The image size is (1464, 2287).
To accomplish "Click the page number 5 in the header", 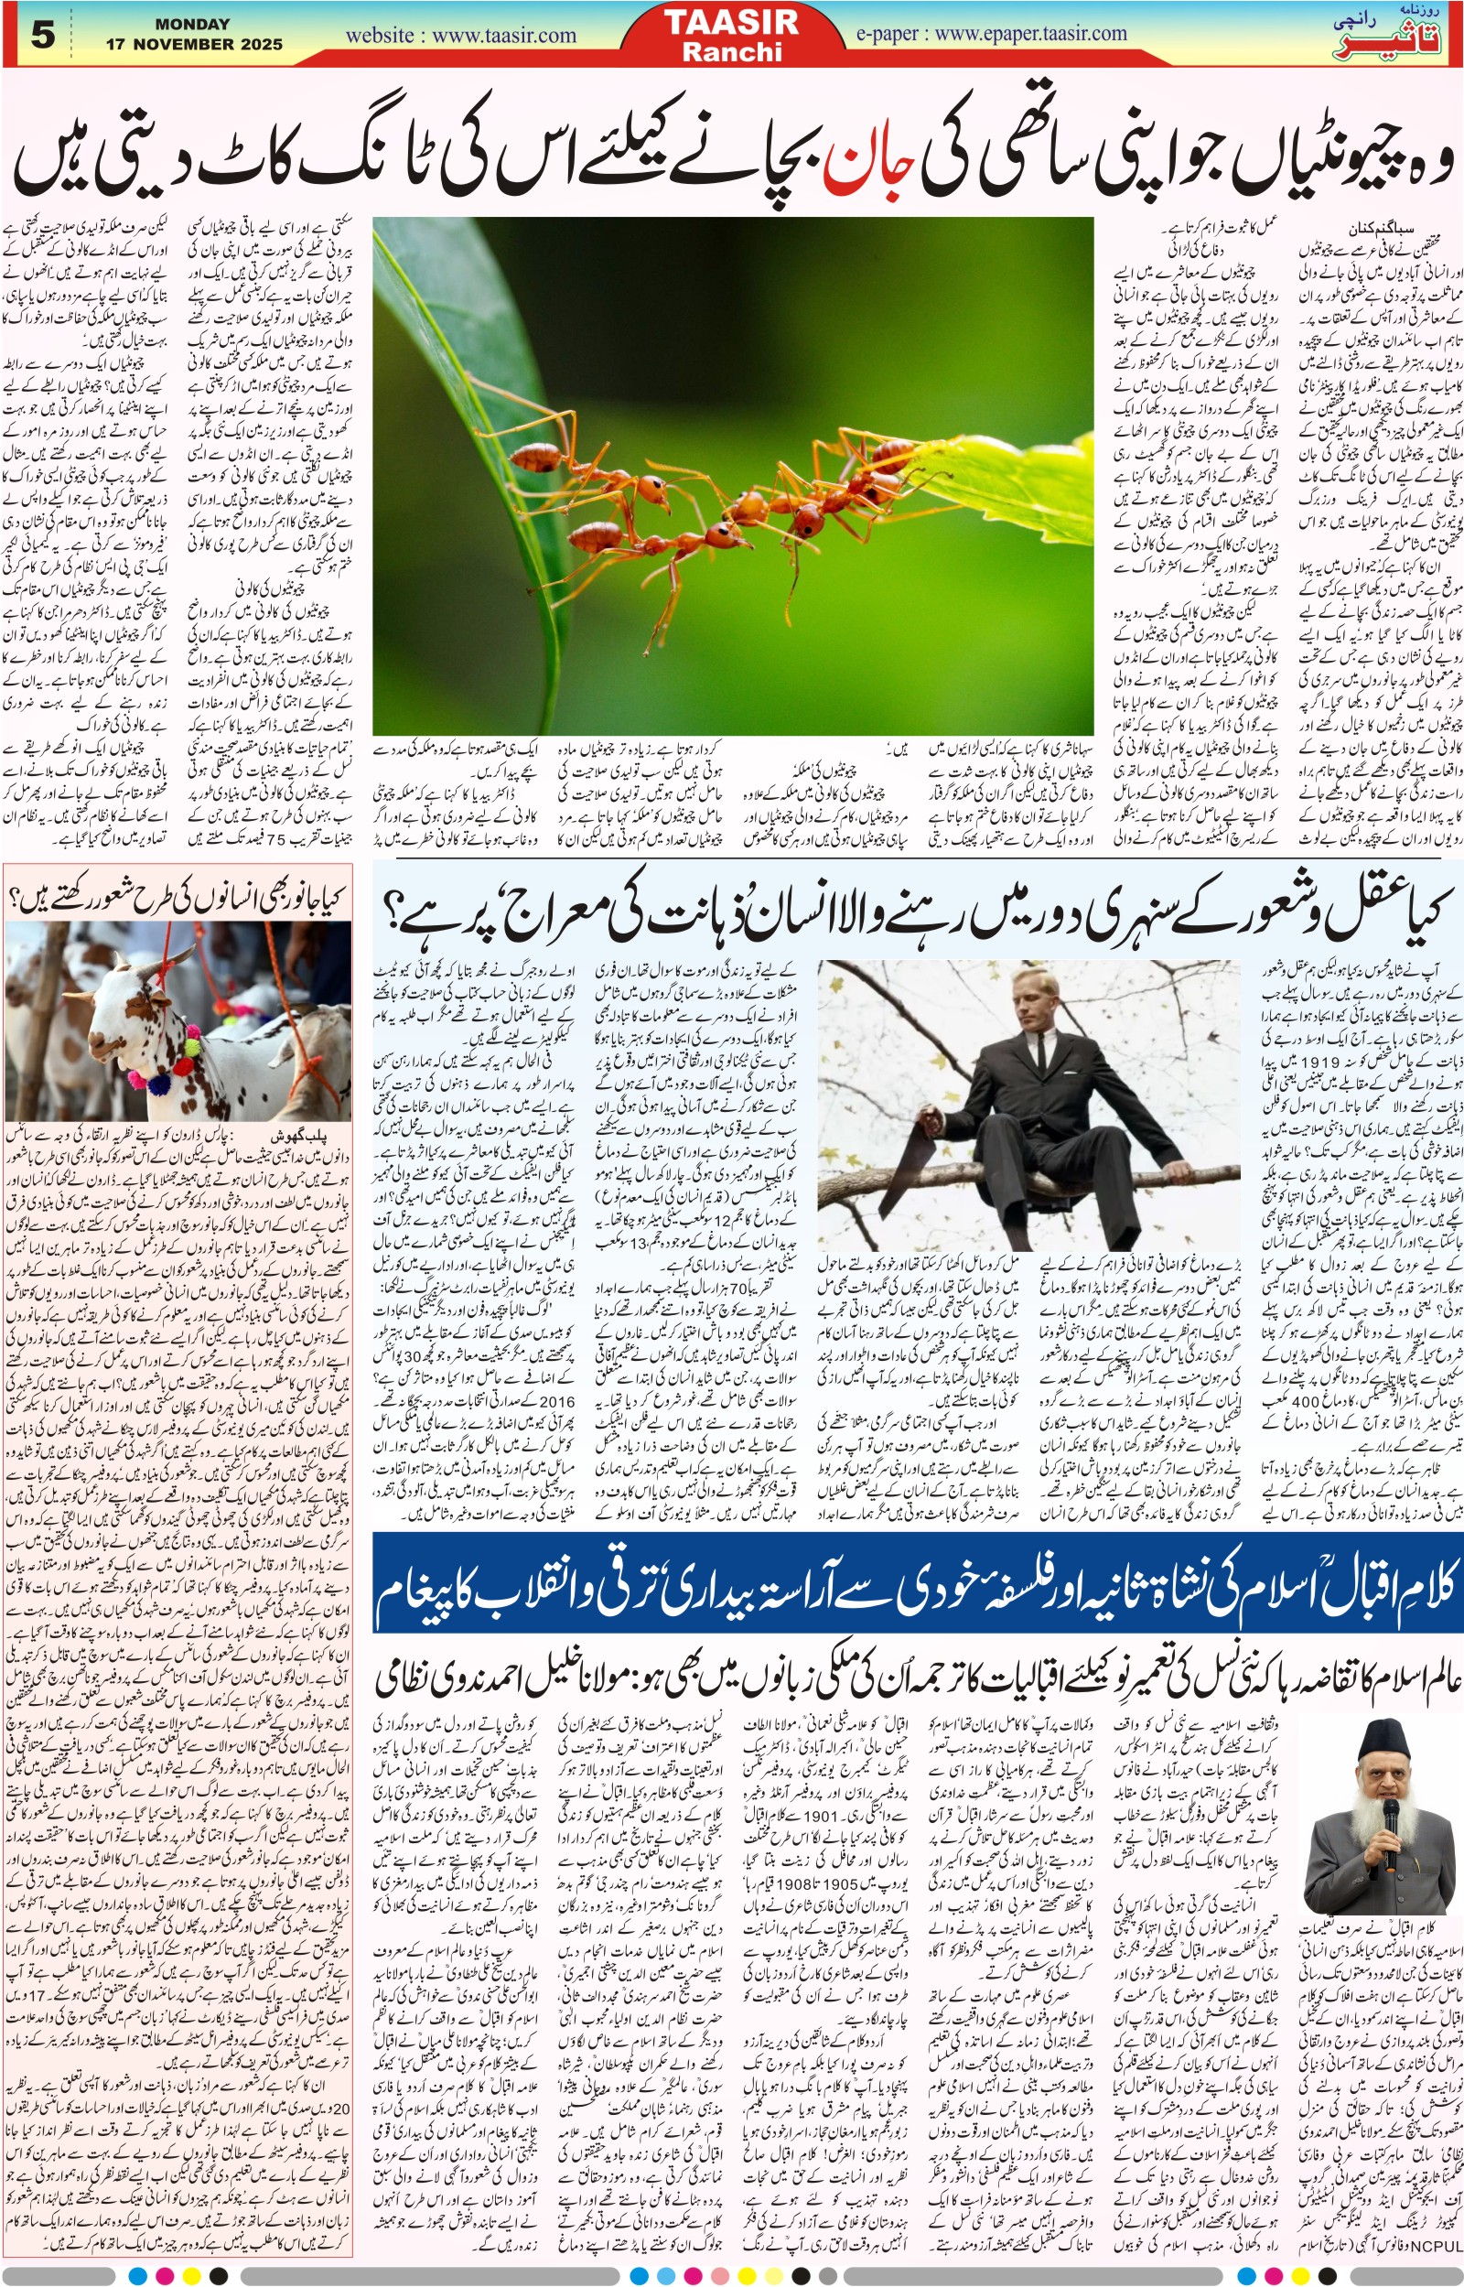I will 43,36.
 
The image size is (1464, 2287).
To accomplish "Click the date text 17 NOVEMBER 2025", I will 194,44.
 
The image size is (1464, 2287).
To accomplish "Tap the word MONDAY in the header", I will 192,24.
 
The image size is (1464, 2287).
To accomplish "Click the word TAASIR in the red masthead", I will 731,22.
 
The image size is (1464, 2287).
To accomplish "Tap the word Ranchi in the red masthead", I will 731,51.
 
